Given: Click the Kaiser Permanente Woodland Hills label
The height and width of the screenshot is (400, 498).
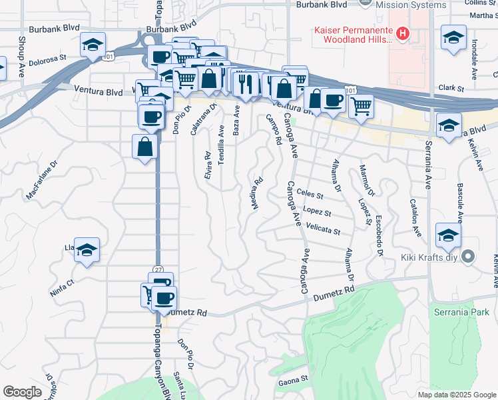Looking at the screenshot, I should (x=353, y=35).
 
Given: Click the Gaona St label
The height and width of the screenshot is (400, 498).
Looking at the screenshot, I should (x=293, y=379).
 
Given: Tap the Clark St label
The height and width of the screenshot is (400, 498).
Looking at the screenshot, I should (x=451, y=87).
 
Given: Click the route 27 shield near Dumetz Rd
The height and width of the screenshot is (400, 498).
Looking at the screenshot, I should (x=158, y=269).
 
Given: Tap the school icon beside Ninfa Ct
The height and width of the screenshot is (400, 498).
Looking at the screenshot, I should (x=87, y=251).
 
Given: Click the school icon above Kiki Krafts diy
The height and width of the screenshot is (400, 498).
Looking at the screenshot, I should (x=448, y=235).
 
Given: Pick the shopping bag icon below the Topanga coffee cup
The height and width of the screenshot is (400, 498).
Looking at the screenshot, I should (x=145, y=147).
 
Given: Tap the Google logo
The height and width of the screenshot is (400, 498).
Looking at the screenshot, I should (x=23, y=392).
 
